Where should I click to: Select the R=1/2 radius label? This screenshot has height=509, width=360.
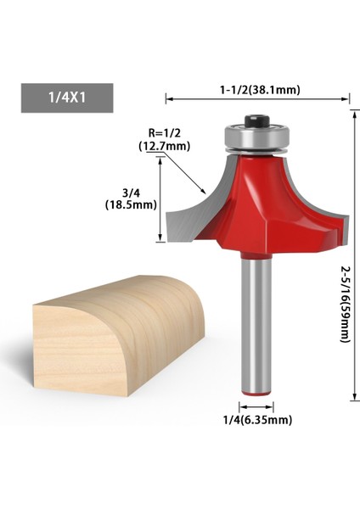point(164,133)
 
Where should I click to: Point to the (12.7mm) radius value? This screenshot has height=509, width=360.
point(164,146)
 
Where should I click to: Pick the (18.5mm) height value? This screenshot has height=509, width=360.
point(130,204)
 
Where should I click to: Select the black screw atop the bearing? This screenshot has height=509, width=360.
point(253,124)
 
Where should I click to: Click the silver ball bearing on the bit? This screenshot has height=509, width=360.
point(253,137)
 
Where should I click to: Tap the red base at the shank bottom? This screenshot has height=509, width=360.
point(255,389)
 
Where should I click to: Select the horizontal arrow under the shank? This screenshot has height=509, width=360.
point(255,406)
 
